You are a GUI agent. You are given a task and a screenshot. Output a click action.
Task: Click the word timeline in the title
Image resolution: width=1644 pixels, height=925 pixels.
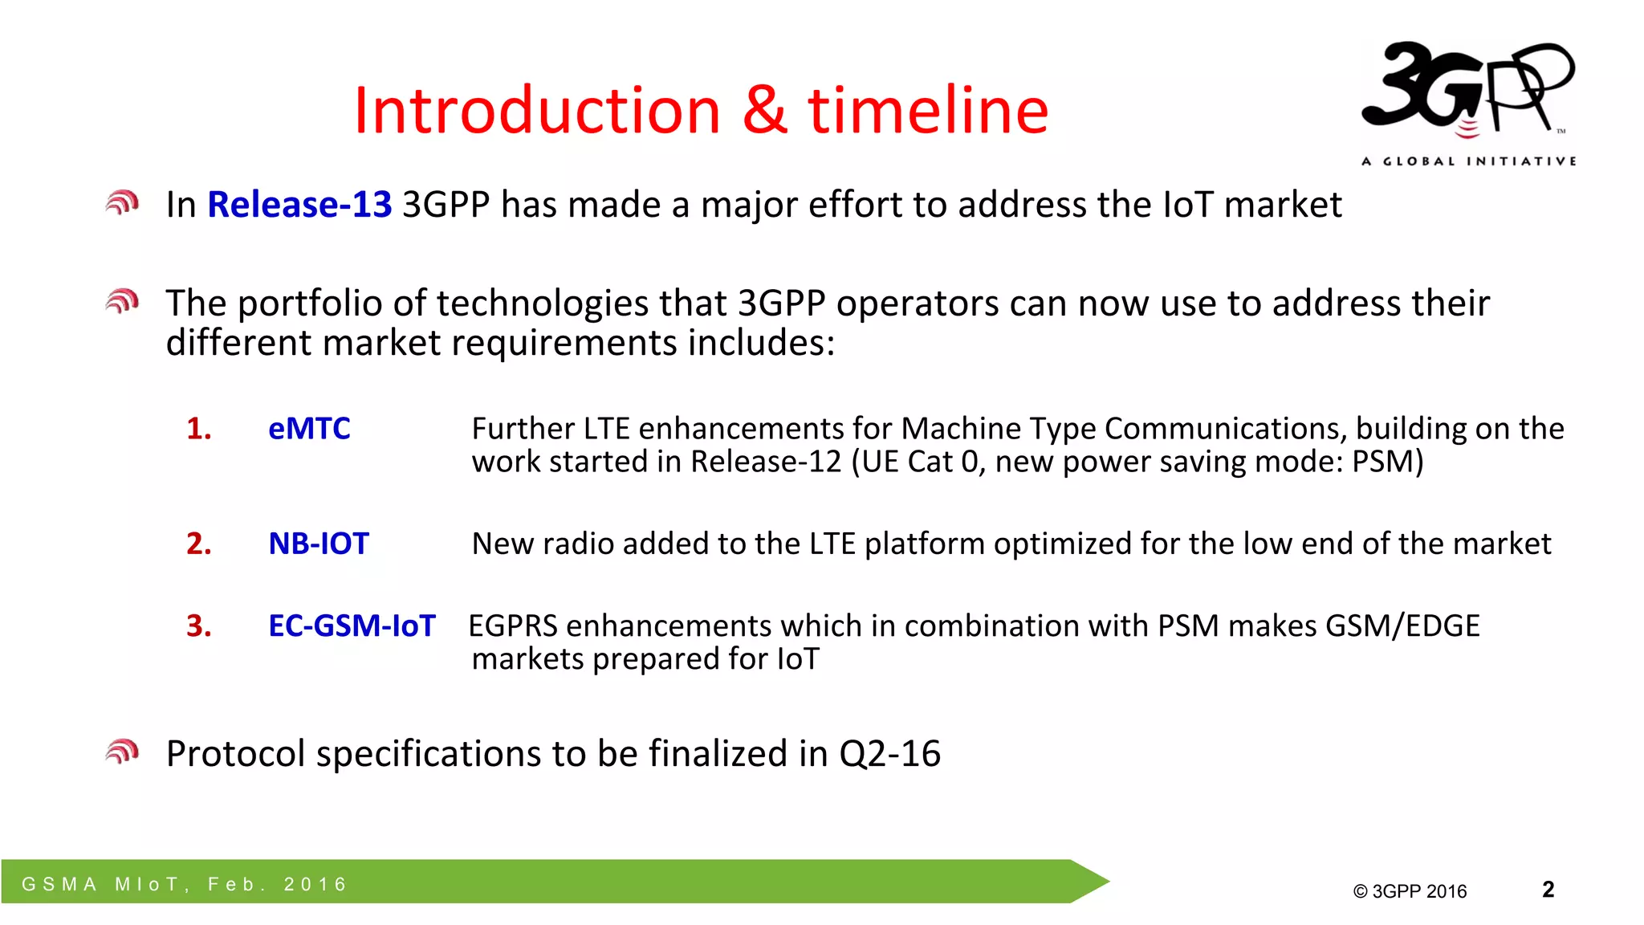(928, 110)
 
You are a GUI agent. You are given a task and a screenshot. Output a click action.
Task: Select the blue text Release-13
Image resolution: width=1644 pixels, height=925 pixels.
(299, 205)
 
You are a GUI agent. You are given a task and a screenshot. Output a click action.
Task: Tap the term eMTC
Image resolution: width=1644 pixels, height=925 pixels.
(309, 429)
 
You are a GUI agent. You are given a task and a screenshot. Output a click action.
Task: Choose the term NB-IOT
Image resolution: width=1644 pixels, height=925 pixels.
(319, 544)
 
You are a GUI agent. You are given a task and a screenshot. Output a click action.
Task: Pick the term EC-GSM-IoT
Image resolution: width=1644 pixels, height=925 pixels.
(352, 625)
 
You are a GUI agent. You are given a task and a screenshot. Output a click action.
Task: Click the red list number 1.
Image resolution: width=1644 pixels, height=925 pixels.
(198, 429)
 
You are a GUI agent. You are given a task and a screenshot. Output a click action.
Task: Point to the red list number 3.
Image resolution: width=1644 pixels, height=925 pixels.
(198, 625)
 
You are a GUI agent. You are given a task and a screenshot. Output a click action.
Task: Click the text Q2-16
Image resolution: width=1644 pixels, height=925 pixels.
(889, 754)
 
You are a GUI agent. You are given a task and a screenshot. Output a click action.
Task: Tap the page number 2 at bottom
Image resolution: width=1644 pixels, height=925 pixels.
(1548, 889)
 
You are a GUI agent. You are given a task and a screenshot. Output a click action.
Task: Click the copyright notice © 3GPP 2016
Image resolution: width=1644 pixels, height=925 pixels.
(1410, 891)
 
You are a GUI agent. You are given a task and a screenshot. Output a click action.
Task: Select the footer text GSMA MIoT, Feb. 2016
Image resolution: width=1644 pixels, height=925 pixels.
(185, 884)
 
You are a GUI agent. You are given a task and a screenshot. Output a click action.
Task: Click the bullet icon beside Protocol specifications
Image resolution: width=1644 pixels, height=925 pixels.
(122, 752)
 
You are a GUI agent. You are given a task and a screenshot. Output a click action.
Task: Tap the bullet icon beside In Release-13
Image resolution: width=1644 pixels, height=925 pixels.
(122, 203)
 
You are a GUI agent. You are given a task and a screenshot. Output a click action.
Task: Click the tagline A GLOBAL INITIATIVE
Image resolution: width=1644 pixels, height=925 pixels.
(1468, 161)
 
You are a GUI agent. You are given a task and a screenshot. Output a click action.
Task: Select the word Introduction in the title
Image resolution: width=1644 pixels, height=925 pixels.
(537, 110)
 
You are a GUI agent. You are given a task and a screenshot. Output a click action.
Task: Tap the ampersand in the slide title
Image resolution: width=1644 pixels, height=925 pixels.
(764, 110)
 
